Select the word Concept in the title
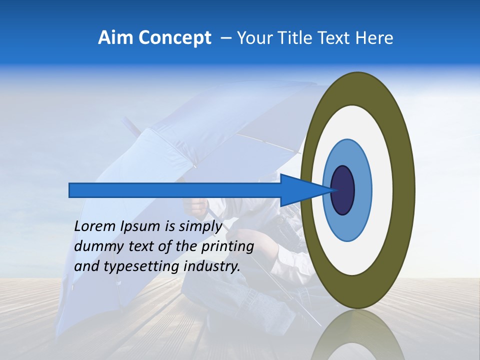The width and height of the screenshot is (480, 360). pyautogui.click(x=174, y=38)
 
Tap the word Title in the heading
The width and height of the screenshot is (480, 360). pyautogui.click(x=295, y=38)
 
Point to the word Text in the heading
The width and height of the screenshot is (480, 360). pyautogui.click(x=335, y=38)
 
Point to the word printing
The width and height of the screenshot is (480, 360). pyautogui.click(x=227, y=246)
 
